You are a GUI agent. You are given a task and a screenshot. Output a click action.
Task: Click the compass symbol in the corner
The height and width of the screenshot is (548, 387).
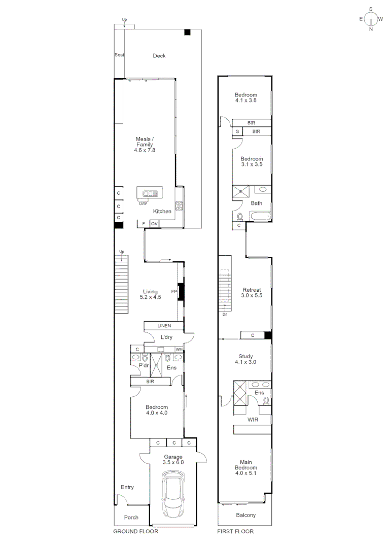pos(371,19)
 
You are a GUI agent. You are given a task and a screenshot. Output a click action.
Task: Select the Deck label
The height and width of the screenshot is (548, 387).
pos(159,56)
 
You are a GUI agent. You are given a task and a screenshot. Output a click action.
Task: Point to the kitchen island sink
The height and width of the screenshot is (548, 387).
pos(150,193)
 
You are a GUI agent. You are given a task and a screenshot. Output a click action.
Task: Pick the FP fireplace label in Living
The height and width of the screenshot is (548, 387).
pos(174,292)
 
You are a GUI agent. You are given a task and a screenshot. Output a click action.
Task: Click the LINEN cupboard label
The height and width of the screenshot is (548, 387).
pos(164,326)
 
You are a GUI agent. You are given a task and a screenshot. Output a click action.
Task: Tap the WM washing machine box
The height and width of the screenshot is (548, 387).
pos(179,350)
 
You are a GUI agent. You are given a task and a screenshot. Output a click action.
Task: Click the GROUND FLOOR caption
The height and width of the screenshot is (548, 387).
pos(135,532)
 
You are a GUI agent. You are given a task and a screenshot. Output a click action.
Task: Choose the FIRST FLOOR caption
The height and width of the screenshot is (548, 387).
pos(236,532)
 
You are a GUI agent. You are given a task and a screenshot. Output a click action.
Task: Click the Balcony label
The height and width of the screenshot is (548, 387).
pos(245,516)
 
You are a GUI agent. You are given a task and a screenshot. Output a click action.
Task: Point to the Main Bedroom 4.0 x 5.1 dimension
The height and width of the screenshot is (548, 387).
pos(245,473)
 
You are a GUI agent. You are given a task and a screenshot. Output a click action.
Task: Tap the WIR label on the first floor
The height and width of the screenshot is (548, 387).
pos(253,420)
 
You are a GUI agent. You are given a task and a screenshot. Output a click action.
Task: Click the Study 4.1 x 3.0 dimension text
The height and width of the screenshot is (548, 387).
pos(245,362)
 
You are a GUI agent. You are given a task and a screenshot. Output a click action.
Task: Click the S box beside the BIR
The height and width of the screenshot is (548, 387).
pos(237,131)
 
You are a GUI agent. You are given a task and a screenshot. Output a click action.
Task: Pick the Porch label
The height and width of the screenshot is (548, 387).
pos(131,518)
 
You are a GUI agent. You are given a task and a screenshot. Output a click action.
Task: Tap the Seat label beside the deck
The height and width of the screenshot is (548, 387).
pos(119,55)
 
